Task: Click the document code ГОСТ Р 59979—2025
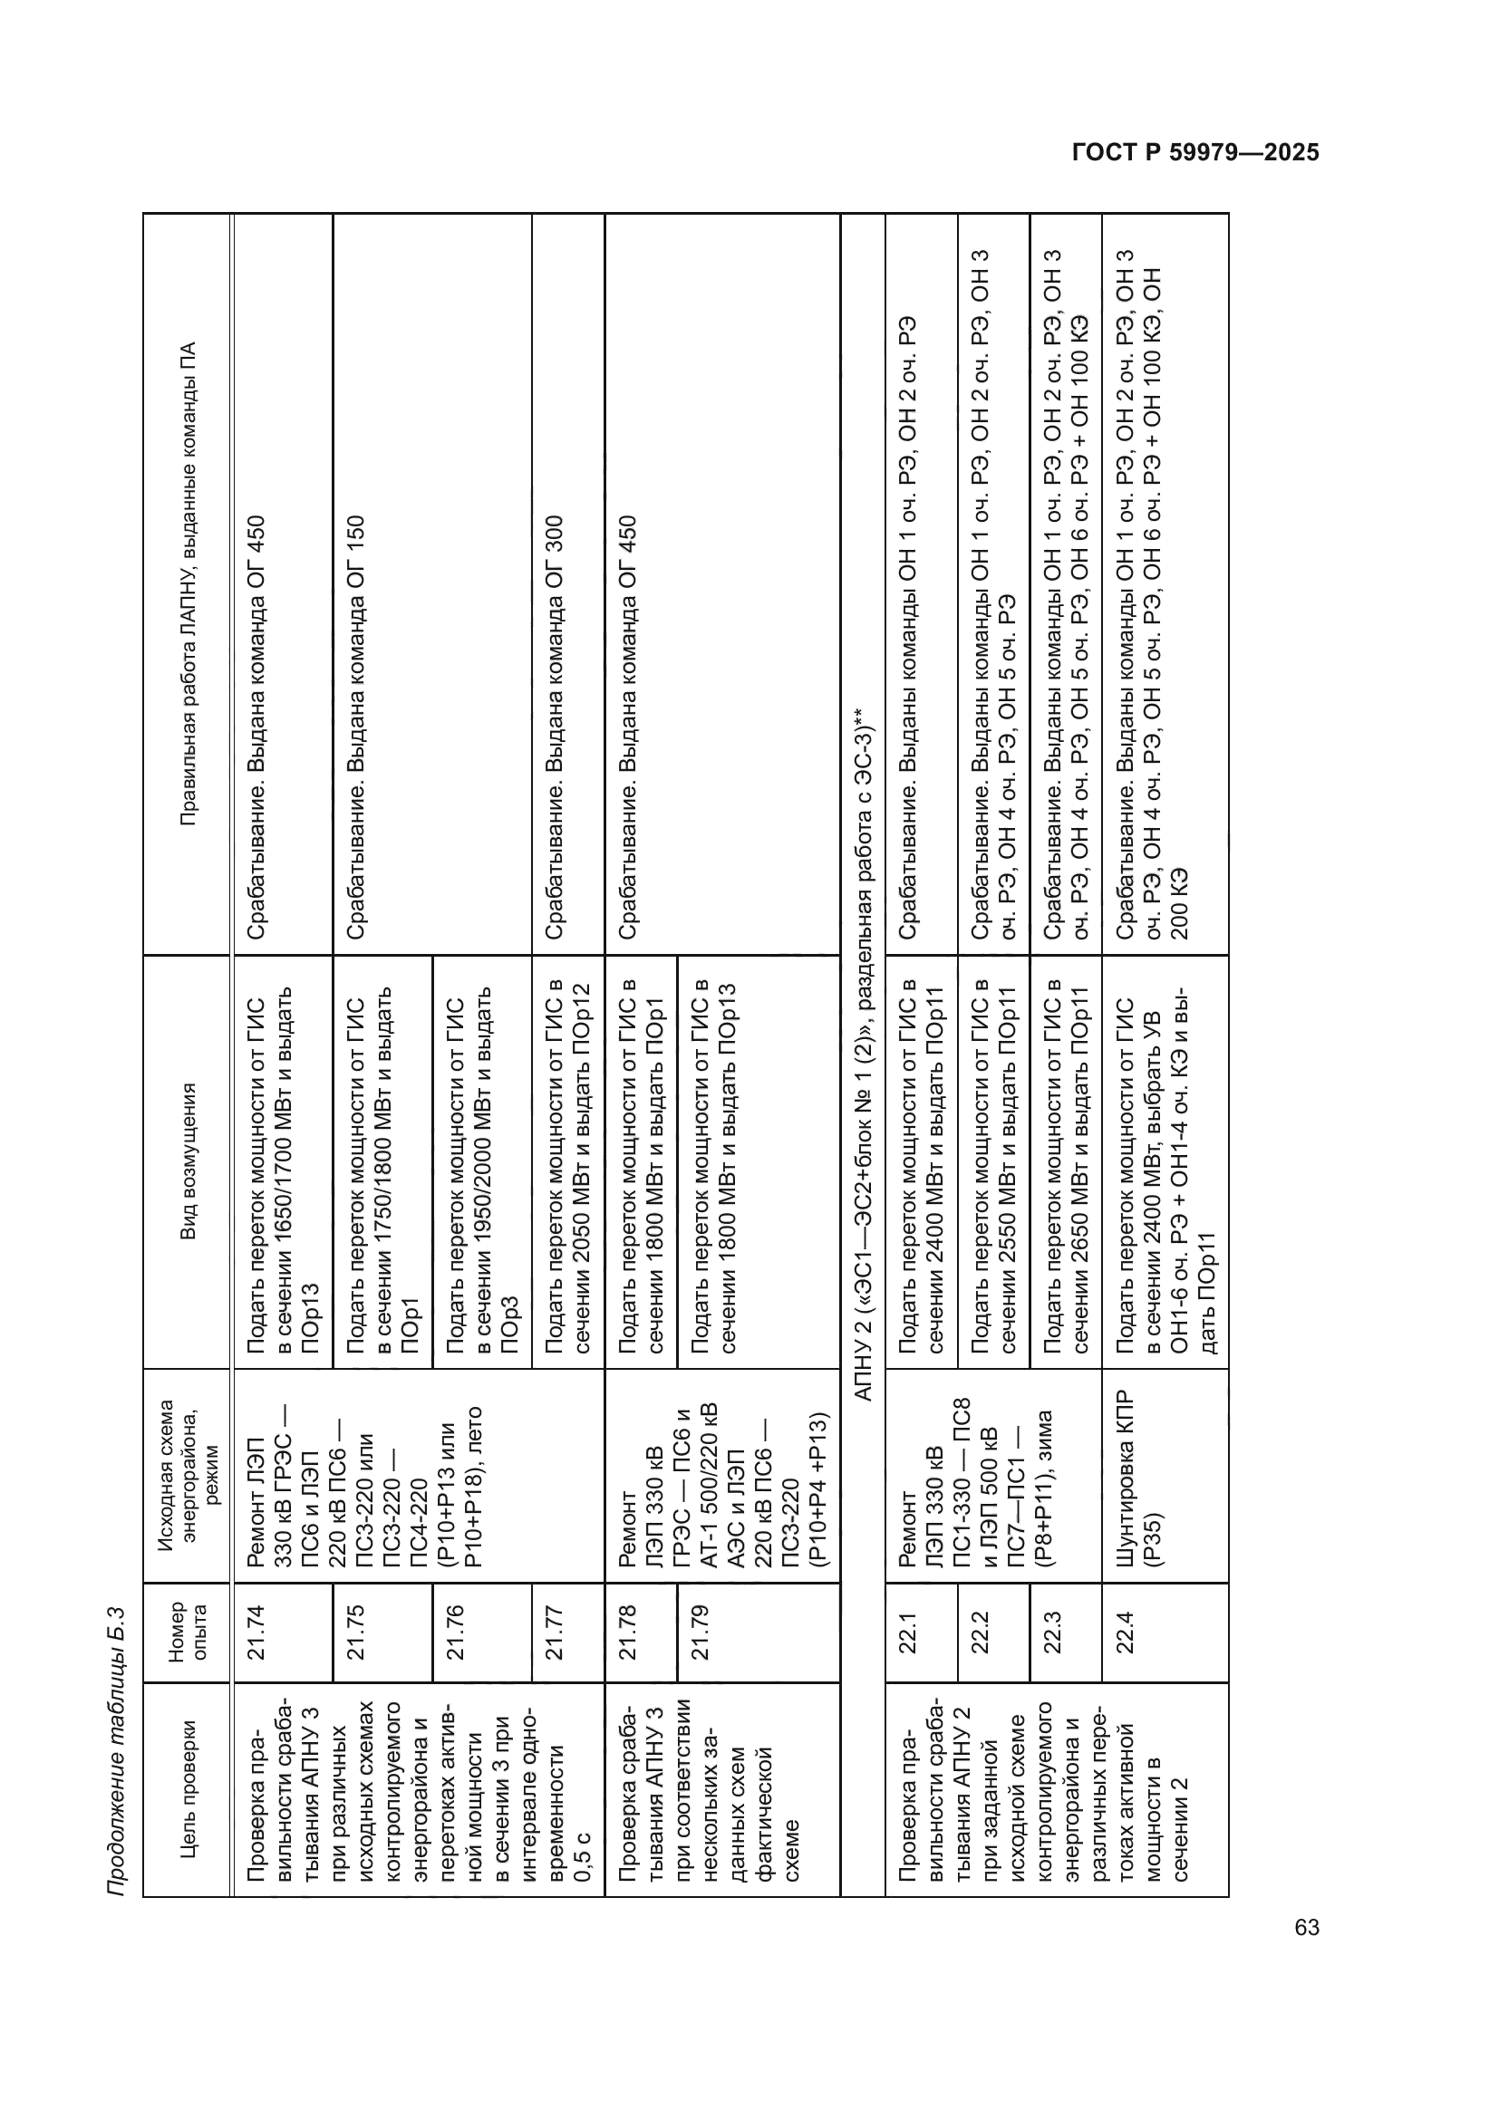click(1195, 153)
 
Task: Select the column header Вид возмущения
click(188, 1161)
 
